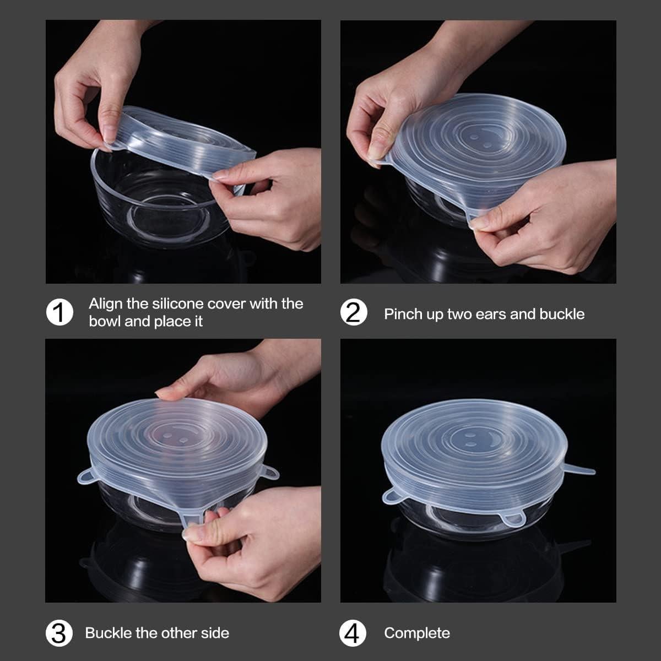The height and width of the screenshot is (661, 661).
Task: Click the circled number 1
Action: click(x=59, y=312)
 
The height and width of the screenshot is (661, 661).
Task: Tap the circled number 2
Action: click(x=354, y=312)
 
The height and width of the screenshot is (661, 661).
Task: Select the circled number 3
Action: click(x=59, y=633)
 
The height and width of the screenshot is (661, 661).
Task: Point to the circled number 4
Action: click(x=353, y=633)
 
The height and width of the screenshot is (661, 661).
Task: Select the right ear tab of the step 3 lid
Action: click(x=270, y=472)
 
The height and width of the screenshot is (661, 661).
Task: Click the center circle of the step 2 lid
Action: click(x=480, y=140)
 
